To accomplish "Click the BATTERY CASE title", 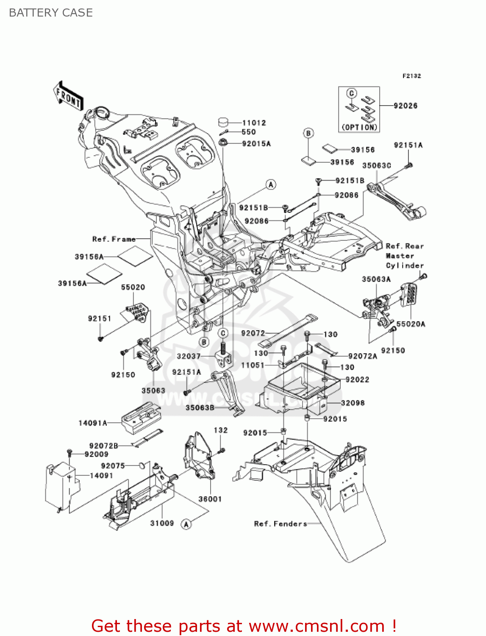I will [x=51, y=13].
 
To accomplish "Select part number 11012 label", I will [x=254, y=123].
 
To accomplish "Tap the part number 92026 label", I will [x=405, y=106].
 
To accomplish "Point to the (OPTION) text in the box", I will [x=359, y=127].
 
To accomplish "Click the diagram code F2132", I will [x=411, y=76].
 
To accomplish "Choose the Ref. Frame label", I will [x=114, y=239].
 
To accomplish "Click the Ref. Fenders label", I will [x=280, y=524].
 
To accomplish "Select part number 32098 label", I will [x=353, y=403].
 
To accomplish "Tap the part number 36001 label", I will [x=210, y=499].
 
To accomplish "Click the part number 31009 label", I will [x=162, y=523].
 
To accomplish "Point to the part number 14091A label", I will [x=92, y=423].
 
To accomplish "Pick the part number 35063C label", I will [x=376, y=165].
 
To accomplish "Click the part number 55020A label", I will [x=411, y=324].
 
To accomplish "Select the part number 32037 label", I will [x=189, y=356].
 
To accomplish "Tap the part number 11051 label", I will [x=253, y=365].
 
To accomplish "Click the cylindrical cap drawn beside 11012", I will [x=225, y=122].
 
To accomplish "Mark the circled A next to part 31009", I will [x=186, y=524].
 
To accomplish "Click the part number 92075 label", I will [x=113, y=466].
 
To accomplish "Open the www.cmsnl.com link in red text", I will [x=317, y=626].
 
